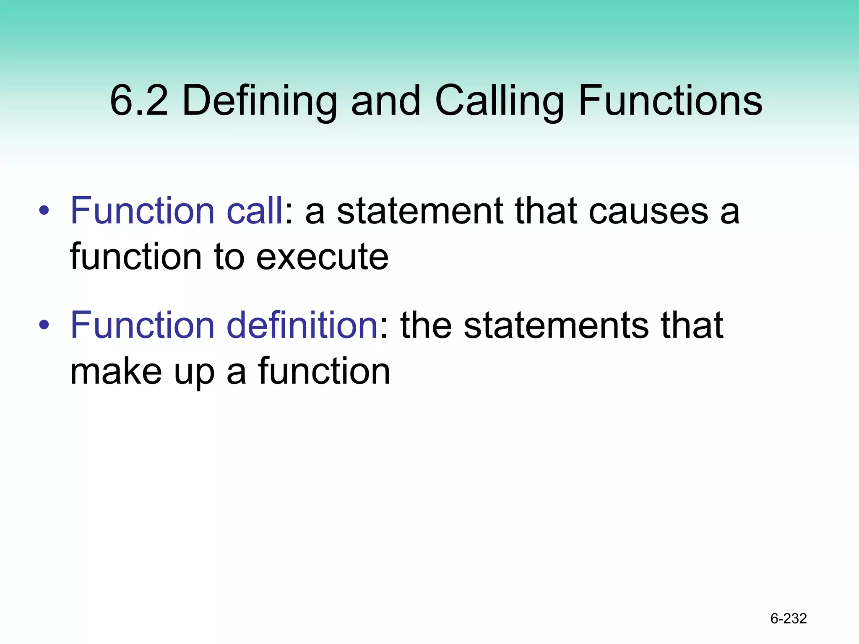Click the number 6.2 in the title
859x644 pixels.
point(139,101)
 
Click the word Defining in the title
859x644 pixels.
point(260,101)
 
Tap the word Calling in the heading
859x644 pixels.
point(499,101)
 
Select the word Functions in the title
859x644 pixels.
point(670,101)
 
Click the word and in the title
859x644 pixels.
point(385,101)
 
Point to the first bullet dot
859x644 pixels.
point(44,210)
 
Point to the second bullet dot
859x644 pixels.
point(44,325)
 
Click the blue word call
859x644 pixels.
point(255,210)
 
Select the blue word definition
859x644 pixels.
point(302,325)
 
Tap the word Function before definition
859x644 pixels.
point(143,325)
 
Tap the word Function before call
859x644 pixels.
point(143,210)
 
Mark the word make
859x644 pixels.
point(116,371)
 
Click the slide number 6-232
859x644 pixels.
point(789,618)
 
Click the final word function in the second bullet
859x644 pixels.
point(324,371)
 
